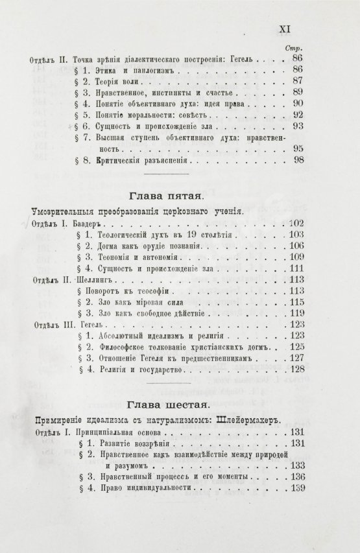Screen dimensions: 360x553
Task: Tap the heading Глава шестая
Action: coord(165,406)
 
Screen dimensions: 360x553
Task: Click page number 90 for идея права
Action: coord(298,102)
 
